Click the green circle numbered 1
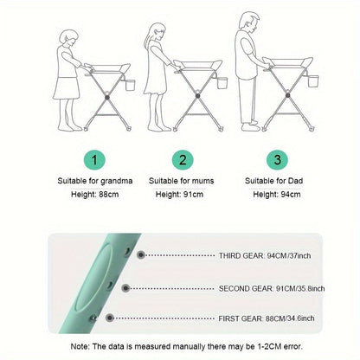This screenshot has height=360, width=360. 94,159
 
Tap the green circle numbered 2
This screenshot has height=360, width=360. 183,159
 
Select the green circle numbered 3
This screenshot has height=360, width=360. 277,159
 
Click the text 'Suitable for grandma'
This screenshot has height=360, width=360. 95,181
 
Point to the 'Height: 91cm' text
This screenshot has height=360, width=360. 179,194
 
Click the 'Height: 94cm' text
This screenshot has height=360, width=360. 277,194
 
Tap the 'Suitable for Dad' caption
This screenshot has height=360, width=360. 273,181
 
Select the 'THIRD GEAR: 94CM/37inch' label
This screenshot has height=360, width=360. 265,255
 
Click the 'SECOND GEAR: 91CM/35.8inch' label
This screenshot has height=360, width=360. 272,288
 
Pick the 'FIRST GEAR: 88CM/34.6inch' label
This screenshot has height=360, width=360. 267,318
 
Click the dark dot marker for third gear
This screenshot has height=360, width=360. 141,255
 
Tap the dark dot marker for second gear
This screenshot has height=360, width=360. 125,288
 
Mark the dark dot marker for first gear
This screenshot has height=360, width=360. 109,318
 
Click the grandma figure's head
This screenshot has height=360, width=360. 68,39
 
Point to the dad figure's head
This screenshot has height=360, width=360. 248,22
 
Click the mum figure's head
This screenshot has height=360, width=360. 157,33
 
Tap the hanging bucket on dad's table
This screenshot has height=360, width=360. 313,80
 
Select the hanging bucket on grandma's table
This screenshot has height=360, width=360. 130,85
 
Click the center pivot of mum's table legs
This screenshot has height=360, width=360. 197,96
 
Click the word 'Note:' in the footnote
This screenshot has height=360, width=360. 80,346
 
